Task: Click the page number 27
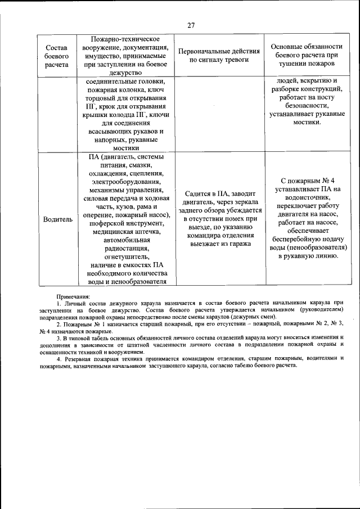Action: click(x=191, y=25)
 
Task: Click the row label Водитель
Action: click(x=57, y=219)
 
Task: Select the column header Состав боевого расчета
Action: click(x=57, y=56)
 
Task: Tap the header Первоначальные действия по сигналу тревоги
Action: click(x=219, y=56)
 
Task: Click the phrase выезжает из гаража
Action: click(x=219, y=243)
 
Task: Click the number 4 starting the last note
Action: click(x=59, y=358)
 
